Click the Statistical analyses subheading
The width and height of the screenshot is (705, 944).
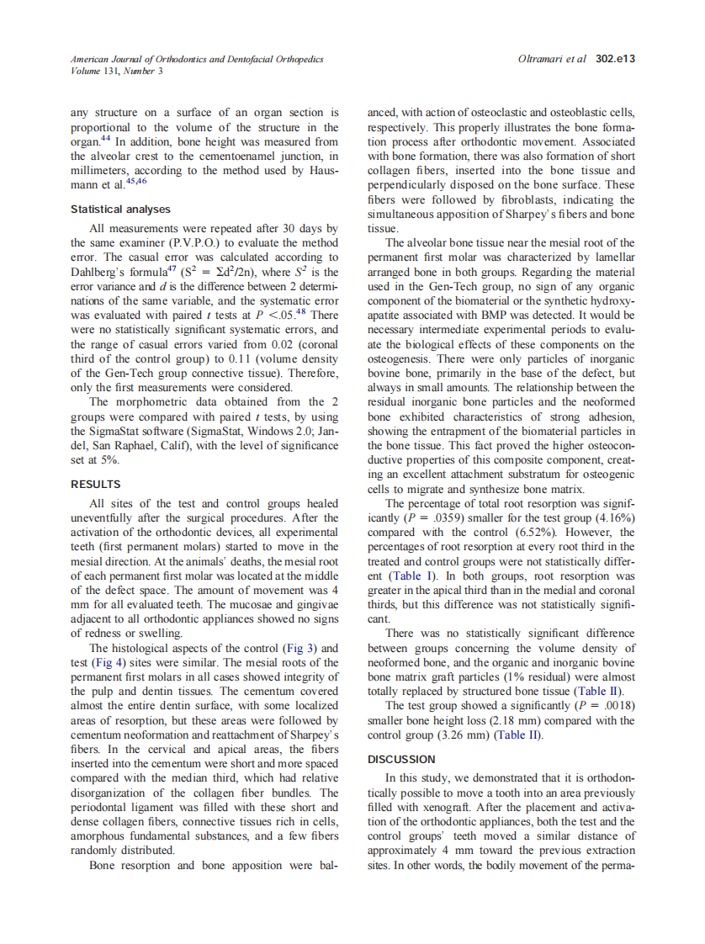120,209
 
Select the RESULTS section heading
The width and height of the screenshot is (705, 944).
96,484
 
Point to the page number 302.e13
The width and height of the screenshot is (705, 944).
614,60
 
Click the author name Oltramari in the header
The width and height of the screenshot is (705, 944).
543,60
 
